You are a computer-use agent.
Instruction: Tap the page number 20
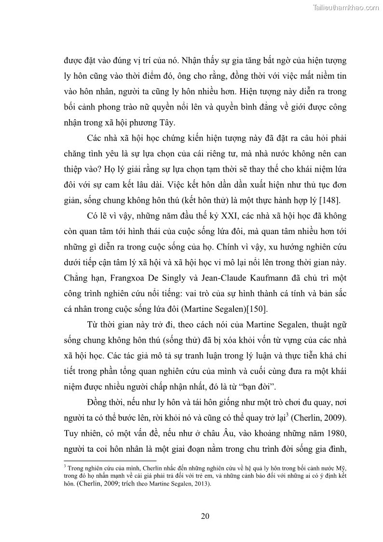[x=205, y=516]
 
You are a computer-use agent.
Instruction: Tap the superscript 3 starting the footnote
[x=65, y=466]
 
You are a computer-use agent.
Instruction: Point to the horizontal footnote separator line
[x=110, y=461]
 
